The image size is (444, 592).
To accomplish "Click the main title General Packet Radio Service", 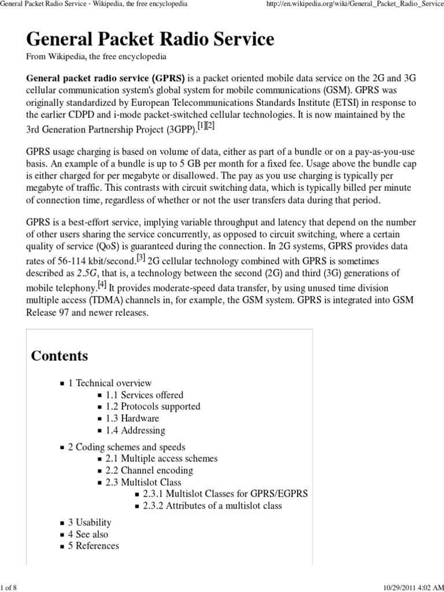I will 150,39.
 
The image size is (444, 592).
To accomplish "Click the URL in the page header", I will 352,5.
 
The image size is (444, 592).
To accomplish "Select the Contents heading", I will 60,356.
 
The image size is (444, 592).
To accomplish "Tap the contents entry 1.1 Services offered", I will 144,395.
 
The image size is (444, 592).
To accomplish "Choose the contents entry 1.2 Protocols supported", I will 153,406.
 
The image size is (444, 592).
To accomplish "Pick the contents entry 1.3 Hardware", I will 132,418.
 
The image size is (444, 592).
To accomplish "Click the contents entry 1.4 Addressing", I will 135,430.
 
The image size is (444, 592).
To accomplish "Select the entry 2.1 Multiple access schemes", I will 161,458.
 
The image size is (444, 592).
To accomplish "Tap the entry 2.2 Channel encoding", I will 149,471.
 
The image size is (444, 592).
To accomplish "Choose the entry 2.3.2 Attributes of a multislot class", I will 212,506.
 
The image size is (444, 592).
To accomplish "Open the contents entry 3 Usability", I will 90,523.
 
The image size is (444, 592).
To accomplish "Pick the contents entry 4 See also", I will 88,534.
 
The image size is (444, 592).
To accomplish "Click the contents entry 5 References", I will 93,546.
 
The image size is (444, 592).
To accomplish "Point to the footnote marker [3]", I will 140,257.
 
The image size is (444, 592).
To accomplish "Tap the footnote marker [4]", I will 102,284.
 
